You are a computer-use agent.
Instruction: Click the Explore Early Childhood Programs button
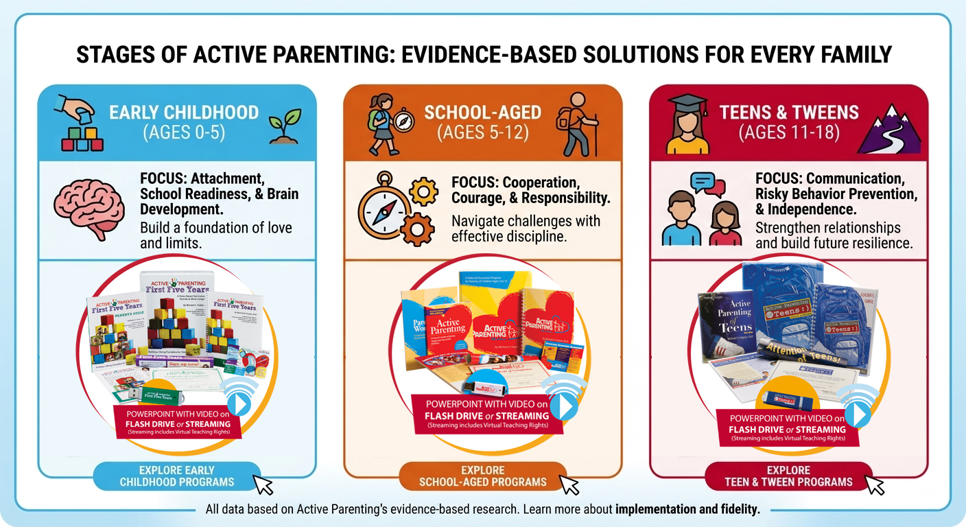point(176,476)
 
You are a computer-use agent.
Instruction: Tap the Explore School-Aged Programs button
point(482,476)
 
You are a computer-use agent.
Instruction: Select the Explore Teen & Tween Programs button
point(788,476)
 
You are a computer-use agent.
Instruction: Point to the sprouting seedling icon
point(283,125)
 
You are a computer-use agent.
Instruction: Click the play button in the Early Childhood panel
point(238,405)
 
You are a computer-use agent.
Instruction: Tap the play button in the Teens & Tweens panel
point(858,414)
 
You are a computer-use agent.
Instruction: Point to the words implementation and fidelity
point(687,510)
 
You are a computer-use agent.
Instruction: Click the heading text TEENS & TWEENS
point(789,112)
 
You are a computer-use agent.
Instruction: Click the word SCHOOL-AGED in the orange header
point(482,112)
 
